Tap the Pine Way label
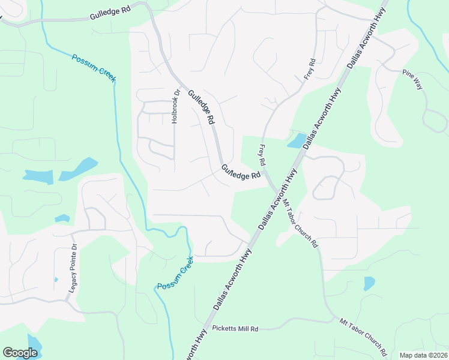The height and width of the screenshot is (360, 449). click(413, 79)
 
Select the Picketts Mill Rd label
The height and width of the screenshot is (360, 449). click(235, 329)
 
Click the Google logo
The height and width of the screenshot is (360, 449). click(20, 352)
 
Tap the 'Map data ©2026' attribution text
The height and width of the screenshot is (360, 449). click(423, 355)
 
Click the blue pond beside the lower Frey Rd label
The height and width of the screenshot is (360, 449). click(296, 142)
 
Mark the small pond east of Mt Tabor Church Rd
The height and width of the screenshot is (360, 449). click(369, 283)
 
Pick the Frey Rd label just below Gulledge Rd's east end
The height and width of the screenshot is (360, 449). click(262, 155)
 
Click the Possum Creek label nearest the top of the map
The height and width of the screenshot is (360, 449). click(94, 68)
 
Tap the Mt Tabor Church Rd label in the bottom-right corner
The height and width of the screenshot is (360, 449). click(364, 335)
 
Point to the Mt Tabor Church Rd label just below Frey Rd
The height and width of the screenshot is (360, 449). click(301, 222)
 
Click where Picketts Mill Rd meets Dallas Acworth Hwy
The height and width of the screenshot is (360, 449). click(205, 329)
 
